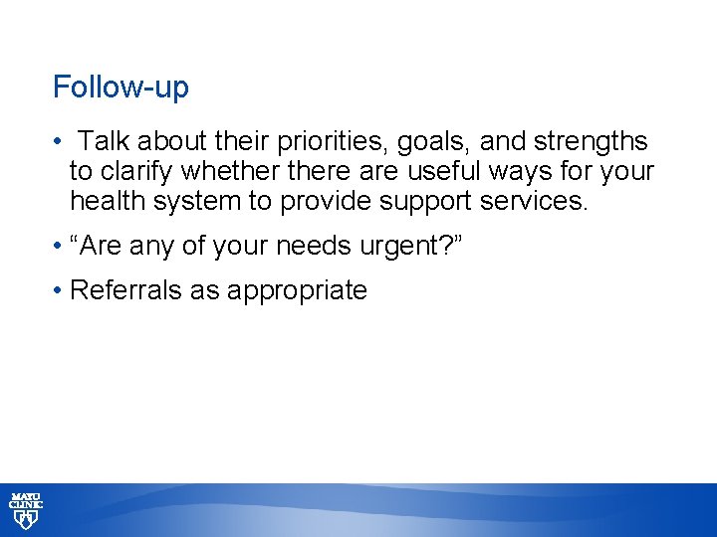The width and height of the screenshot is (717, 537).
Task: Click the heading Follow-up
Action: tap(120, 88)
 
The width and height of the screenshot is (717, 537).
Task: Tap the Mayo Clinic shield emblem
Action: tap(25, 520)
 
